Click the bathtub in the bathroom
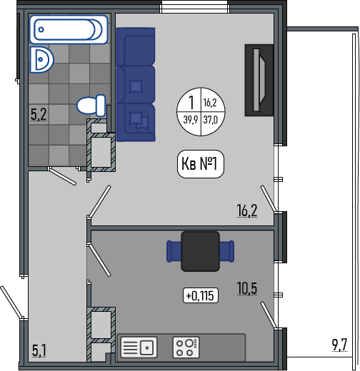pyautogui.click(x=69, y=29)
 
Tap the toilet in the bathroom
pyautogui.click(x=91, y=106)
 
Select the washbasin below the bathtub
pyautogui.click(x=41, y=59)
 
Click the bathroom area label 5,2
pyautogui.click(x=39, y=114)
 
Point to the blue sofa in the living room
pyautogui.click(x=136, y=84)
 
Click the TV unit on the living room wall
pyautogui.click(x=259, y=80)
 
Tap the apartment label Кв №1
pyautogui.click(x=201, y=164)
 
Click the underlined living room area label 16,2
pyautogui.click(x=247, y=210)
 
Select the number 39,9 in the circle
pyautogui.click(x=191, y=119)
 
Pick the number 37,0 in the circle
pyautogui.click(x=211, y=119)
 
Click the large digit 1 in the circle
pyautogui.click(x=191, y=102)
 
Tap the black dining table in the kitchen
pyautogui.click(x=200, y=251)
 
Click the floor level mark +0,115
pyautogui.click(x=201, y=295)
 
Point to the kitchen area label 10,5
pyautogui.click(x=247, y=288)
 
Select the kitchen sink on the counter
pyautogui.click(x=139, y=347)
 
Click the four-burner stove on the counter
pyautogui.click(x=186, y=347)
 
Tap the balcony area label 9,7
pyautogui.click(x=340, y=345)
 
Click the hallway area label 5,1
pyautogui.click(x=39, y=351)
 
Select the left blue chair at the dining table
pyautogui.click(x=174, y=251)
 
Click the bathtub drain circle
pyautogui.click(x=41, y=30)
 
